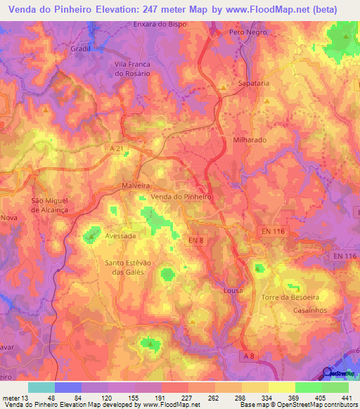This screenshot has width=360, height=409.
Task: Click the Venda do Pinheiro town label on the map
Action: (x=181, y=197)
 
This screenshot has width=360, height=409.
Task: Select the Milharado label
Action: (x=250, y=140)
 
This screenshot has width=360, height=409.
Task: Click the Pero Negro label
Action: (x=245, y=33)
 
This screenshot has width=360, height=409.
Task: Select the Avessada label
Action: (x=120, y=236)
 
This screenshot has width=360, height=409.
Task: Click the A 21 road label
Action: (x=117, y=148)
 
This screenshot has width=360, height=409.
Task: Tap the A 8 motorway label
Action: (x=247, y=356)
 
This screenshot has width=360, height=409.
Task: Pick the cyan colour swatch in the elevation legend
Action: (x=41, y=387)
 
